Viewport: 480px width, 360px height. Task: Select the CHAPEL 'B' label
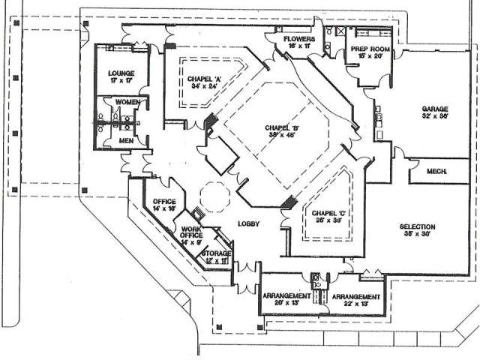click(281, 128)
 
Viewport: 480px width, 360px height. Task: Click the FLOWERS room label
click(298, 39)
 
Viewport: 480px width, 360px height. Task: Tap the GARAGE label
click(435, 108)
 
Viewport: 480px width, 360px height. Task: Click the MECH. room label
click(436, 172)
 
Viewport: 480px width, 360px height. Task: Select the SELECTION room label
click(418, 226)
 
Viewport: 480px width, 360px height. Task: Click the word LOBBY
click(248, 223)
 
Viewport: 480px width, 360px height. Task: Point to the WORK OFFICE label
click(191, 232)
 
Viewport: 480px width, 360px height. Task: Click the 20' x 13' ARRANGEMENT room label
click(286, 296)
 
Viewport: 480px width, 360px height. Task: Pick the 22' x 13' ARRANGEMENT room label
click(356, 296)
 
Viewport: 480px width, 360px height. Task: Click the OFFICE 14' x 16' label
click(163, 202)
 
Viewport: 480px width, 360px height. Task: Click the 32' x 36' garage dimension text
click(435, 116)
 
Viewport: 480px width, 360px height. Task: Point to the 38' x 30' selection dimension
click(418, 235)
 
